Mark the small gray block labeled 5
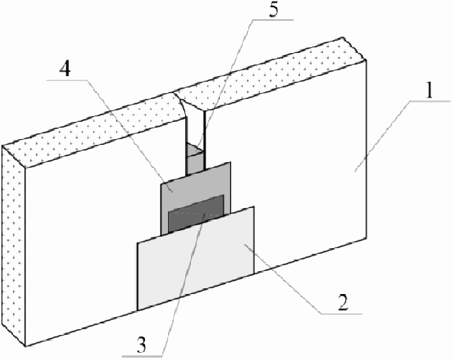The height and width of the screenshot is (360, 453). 194,158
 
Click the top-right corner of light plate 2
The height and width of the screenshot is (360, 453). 253,207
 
